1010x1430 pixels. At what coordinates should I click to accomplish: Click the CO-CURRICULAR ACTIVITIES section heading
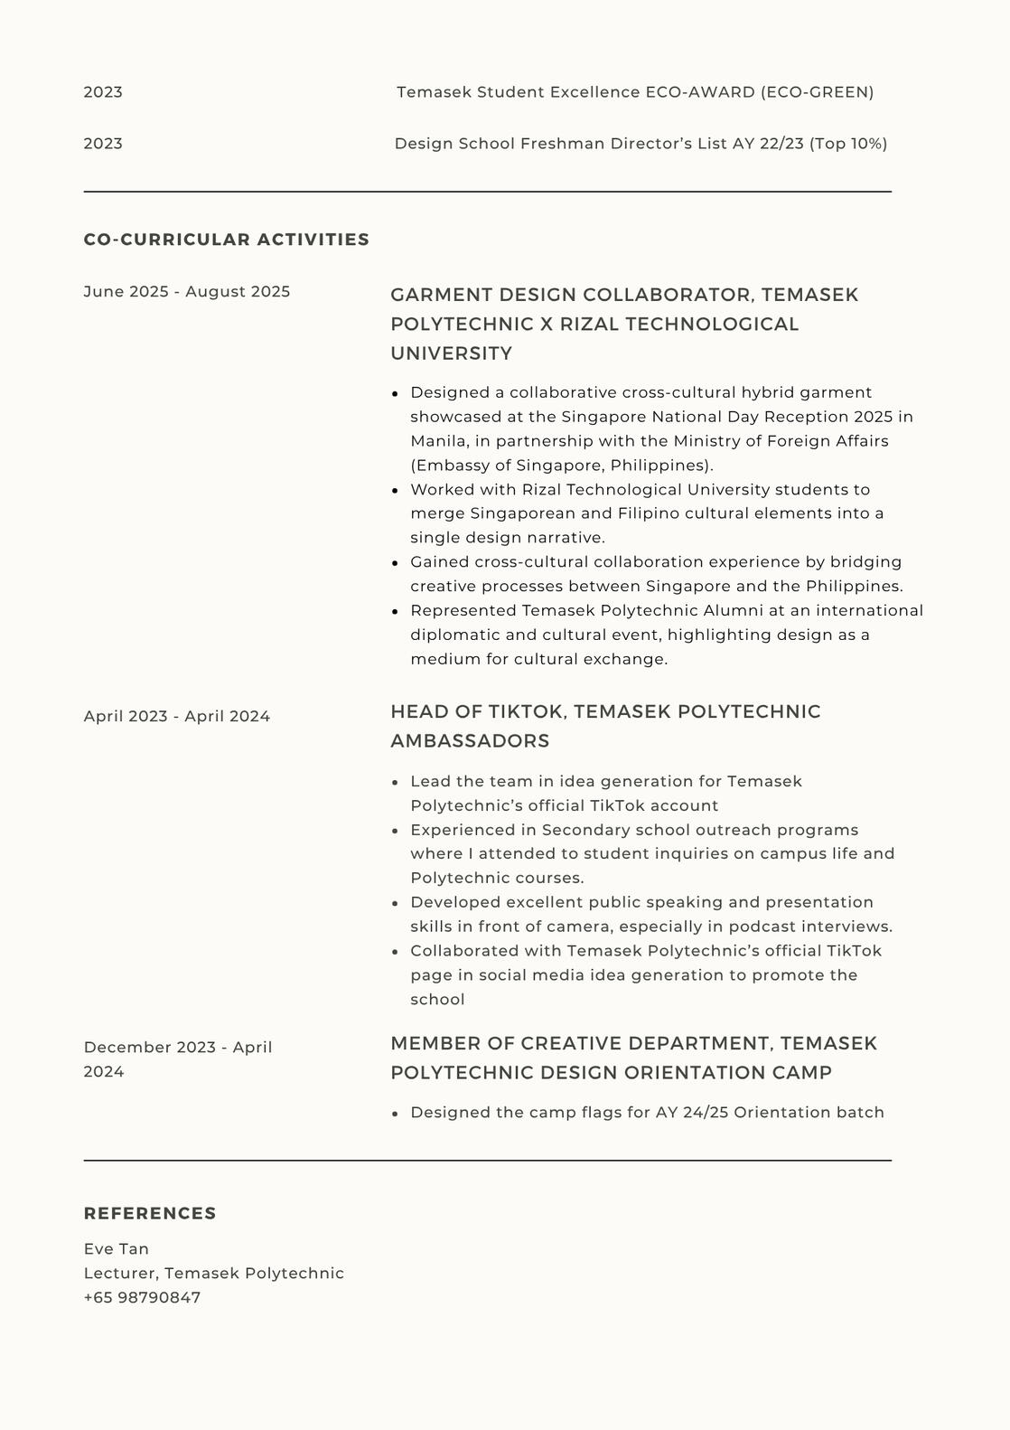[x=226, y=240]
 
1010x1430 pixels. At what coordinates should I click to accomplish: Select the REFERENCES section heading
[x=150, y=1213]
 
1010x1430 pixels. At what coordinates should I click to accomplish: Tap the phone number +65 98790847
[x=142, y=1297]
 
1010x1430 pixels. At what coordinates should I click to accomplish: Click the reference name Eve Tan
[x=117, y=1248]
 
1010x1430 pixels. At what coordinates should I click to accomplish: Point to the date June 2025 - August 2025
[x=187, y=291]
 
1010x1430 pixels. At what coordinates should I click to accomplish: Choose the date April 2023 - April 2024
[x=177, y=716]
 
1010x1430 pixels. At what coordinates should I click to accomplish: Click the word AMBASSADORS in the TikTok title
[x=470, y=740]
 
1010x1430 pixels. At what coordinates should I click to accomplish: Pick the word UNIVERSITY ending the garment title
[x=452, y=353]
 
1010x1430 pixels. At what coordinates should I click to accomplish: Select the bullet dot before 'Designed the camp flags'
[x=395, y=1114]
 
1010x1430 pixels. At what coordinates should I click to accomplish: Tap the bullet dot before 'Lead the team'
[x=395, y=782]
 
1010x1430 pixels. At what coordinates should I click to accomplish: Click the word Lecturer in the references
[x=121, y=1273]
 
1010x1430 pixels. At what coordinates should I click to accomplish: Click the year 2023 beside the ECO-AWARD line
[x=103, y=92]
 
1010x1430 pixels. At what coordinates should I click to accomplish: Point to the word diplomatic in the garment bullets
[x=454, y=635]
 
